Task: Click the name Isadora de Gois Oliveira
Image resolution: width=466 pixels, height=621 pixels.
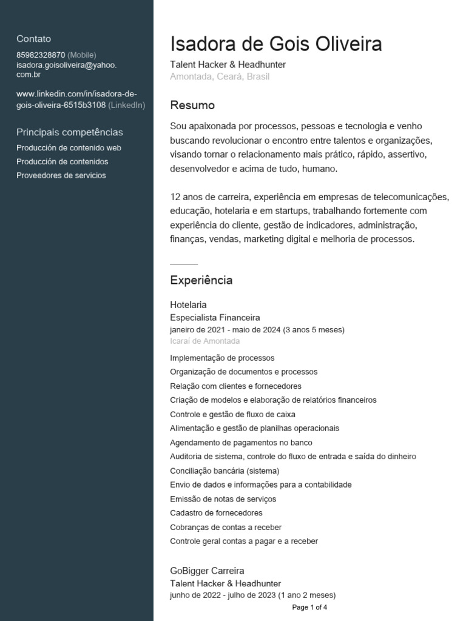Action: [x=276, y=44]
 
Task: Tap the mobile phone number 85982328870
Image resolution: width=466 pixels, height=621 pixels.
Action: [x=41, y=55]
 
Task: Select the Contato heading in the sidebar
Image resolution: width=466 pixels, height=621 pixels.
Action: [x=33, y=39]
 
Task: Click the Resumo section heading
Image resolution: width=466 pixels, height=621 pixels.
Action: [x=192, y=105]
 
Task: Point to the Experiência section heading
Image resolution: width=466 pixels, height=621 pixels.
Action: [x=201, y=280]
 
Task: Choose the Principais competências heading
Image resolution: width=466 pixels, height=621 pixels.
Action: [x=69, y=132]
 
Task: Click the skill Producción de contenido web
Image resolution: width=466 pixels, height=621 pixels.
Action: [x=69, y=147]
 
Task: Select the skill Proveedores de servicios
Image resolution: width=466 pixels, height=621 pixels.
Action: [x=61, y=175]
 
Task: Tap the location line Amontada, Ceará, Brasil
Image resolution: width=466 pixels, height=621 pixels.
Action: [x=220, y=76]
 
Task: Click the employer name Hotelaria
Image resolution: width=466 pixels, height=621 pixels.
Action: [x=188, y=304]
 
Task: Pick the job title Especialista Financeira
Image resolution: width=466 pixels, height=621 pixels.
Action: [x=215, y=317]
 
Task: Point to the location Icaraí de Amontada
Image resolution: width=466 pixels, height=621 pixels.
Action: [x=204, y=341]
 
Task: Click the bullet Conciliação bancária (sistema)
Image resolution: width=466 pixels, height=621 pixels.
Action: [x=225, y=471]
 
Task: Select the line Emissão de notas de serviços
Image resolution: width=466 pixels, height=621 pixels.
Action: [x=223, y=498]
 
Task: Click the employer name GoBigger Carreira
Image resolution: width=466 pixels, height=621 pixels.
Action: [x=207, y=571]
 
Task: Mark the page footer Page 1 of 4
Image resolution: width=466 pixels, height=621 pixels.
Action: [x=309, y=607]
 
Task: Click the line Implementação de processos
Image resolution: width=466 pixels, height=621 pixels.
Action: [x=222, y=358]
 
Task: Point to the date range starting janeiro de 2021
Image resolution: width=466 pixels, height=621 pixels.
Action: [x=257, y=329]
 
